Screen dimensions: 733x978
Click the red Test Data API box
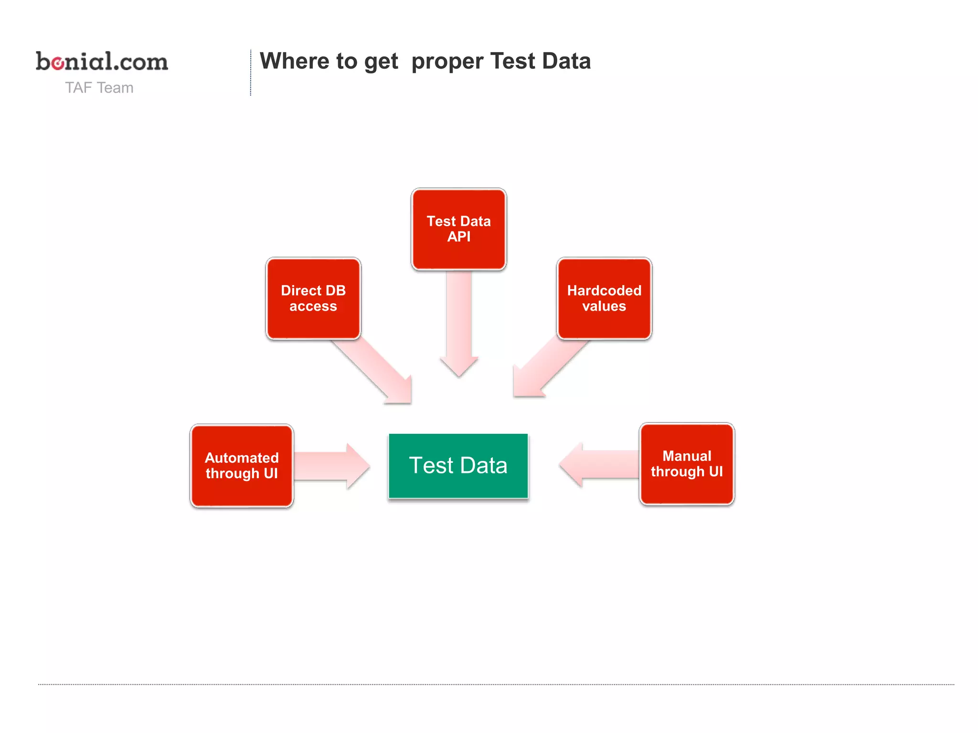(x=458, y=229)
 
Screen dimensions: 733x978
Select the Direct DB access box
(x=313, y=298)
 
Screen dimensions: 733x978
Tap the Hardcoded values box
(x=604, y=298)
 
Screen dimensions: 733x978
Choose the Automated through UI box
(x=242, y=466)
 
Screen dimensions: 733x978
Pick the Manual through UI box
(x=687, y=464)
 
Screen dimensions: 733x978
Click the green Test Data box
(x=458, y=466)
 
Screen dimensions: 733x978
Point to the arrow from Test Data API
(x=459, y=325)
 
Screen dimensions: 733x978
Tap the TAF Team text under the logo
(x=99, y=88)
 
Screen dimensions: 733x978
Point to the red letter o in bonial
(x=58, y=63)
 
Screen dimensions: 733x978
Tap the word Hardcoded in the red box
(x=604, y=290)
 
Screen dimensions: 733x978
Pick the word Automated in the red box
(x=242, y=458)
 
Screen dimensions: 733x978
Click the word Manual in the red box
(x=687, y=456)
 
